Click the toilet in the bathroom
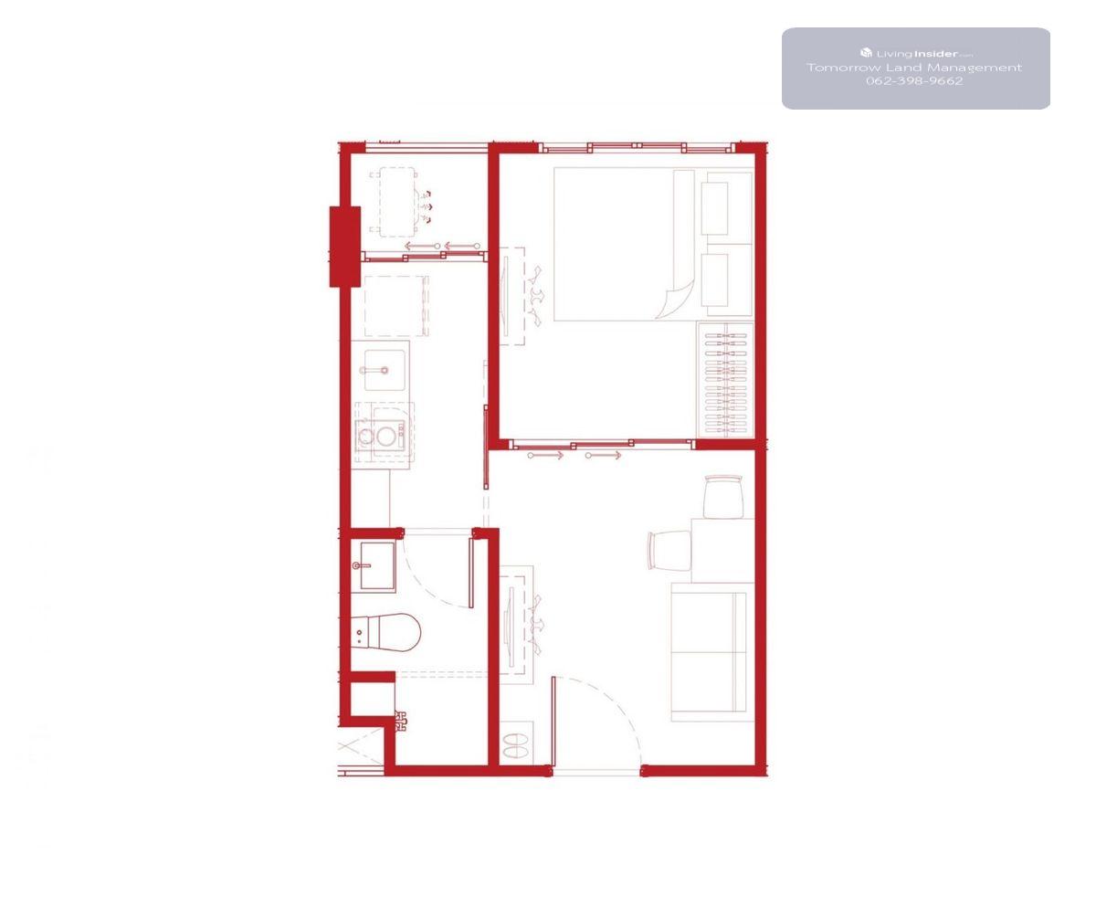(387, 632)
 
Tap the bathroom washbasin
(377, 566)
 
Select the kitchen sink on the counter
(385, 370)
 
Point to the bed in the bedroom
(624, 244)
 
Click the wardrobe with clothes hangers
(726, 380)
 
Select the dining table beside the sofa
(722, 550)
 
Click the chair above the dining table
(724, 496)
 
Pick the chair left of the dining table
(669, 550)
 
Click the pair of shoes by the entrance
(516, 745)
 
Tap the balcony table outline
(397, 202)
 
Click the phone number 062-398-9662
(914, 81)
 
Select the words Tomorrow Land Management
(914, 68)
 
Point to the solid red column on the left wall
(345, 247)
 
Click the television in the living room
(509, 626)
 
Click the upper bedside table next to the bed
(715, 208)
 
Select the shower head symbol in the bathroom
(401, 721)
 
